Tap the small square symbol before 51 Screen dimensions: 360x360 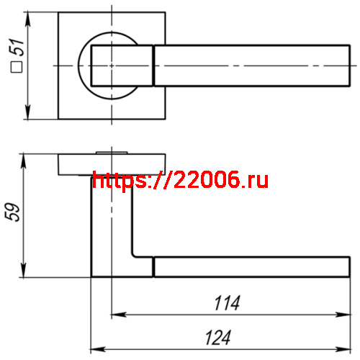(19, 69)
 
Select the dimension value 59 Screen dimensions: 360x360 (19, 213)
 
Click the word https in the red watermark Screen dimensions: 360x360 (120, 181)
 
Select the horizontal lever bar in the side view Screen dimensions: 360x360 (252, 266)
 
